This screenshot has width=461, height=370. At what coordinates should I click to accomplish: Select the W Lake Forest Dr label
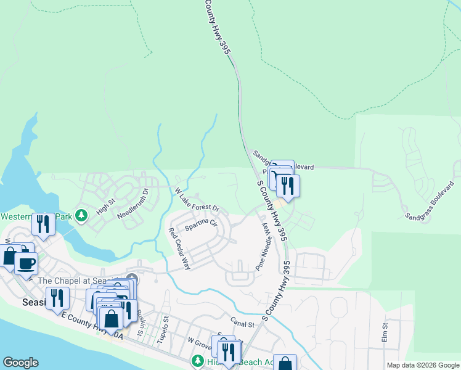point(198,200)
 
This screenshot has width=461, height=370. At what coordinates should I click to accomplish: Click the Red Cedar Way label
point(179,249)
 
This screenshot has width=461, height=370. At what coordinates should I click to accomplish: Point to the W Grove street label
point(200,342)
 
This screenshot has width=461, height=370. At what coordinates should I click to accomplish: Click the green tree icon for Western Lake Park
point(80,216)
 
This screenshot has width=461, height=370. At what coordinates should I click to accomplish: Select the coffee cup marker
point(26,263)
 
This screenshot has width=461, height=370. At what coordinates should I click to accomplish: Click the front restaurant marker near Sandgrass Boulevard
point(287,184)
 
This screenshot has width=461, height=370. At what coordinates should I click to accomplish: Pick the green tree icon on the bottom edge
point(198,361)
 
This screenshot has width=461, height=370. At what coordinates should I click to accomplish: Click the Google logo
point(20,363)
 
